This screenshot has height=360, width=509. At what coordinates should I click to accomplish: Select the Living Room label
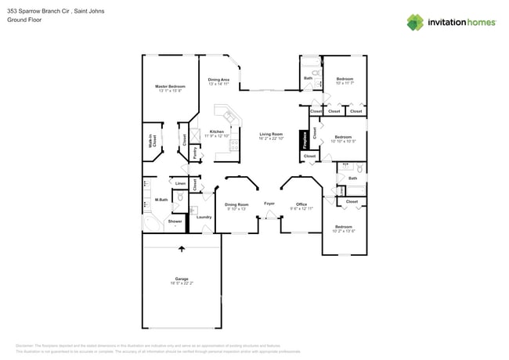point(271,134)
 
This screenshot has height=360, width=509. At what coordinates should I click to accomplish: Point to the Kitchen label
point(217,131)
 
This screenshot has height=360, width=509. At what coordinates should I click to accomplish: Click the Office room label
point(301,204)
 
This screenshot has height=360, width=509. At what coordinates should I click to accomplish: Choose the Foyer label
point(269,203)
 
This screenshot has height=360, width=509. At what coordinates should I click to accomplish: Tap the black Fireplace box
point(305,140)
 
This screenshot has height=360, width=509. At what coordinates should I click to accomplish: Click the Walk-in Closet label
point(153,142)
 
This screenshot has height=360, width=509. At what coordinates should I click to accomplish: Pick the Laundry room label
point(204,217)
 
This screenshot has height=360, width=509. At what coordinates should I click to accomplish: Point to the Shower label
point(175,221)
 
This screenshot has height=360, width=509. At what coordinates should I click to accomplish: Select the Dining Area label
point(218,79)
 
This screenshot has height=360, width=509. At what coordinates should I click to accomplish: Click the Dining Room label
point(236,204)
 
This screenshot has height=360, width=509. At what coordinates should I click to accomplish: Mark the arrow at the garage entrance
point(182,249)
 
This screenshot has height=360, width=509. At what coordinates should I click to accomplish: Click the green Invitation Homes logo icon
point(415,23)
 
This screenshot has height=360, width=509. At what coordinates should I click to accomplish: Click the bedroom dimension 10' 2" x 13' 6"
point(344,231)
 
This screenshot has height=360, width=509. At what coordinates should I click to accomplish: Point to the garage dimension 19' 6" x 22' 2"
point(182,284)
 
